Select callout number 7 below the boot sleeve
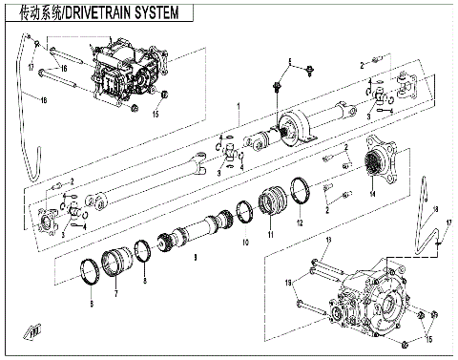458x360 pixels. pyautogui.click(x=115, y=296)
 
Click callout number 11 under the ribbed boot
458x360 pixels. pyautogui.click(x=270, y=234)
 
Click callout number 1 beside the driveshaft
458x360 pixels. pyautogui.click(x=238, y=105)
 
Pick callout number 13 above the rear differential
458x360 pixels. pyautogui.click(x=327, y=240)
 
